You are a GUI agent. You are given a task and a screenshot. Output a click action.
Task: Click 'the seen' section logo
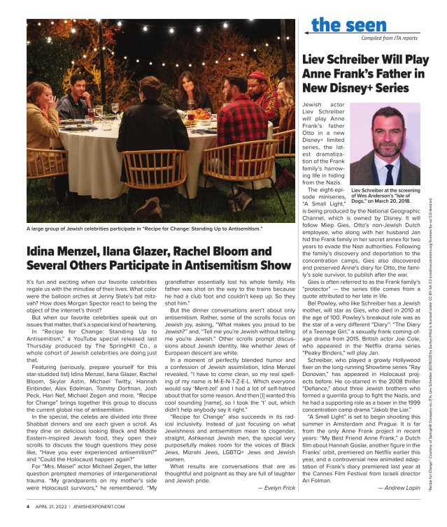[x=340, y=26]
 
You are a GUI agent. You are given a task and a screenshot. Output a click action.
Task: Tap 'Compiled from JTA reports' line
[x=391, y=38]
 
